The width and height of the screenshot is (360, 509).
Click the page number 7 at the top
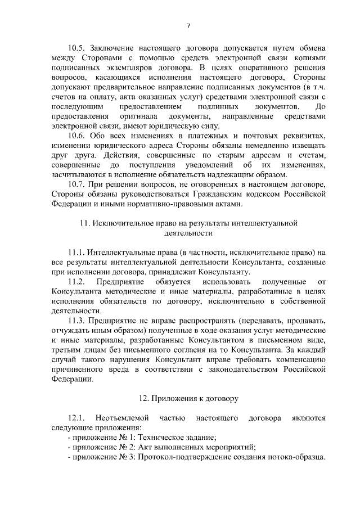(188, 25)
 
